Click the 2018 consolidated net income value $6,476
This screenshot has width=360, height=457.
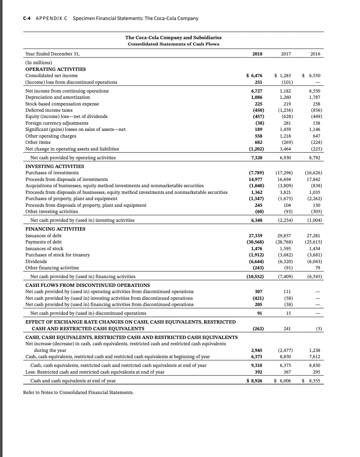(254, 75)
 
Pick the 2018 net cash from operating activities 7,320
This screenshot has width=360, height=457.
(256, 158)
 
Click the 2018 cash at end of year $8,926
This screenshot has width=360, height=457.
(254, 381)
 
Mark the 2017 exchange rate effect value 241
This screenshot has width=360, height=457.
(286, 328)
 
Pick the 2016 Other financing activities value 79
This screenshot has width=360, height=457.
(318, 268)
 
